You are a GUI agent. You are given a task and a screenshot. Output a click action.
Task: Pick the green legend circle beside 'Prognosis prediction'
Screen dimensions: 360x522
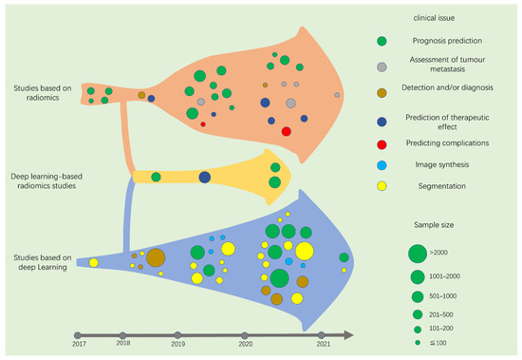click(x=382, y=41)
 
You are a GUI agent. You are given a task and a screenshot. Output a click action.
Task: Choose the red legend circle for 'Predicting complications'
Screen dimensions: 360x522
click(x=382, y=142)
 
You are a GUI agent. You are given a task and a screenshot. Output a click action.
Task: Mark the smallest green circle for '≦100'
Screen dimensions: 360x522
click(x=416, y=341)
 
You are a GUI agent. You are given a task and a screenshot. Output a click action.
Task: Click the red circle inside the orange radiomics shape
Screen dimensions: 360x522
click(x=287, y=131)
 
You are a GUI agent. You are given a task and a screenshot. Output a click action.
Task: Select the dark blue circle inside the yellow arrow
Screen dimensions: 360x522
click(x=205, y=178)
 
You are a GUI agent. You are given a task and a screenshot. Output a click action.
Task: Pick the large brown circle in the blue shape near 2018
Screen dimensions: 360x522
click(x=156, y=257)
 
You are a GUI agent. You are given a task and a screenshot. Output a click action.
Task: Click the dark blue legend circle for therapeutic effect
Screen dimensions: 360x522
click(x=382, y=119)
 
